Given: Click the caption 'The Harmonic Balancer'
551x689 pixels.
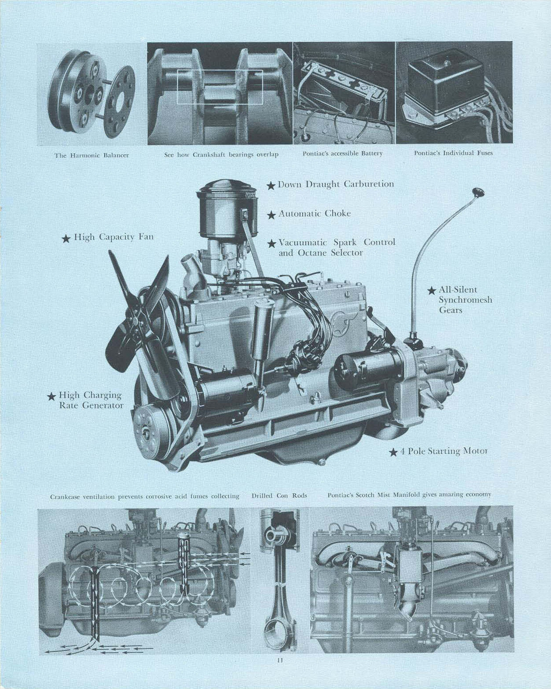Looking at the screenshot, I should [91, 155].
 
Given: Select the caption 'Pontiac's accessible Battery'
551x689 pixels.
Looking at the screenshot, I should [342, 153].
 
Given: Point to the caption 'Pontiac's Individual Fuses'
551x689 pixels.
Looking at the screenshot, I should [453, 153].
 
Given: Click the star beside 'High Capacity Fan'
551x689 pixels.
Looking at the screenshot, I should [66, 239].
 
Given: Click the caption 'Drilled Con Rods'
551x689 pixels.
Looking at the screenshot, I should [279, 495].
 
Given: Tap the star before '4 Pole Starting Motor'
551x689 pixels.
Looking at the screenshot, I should [393, 452].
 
